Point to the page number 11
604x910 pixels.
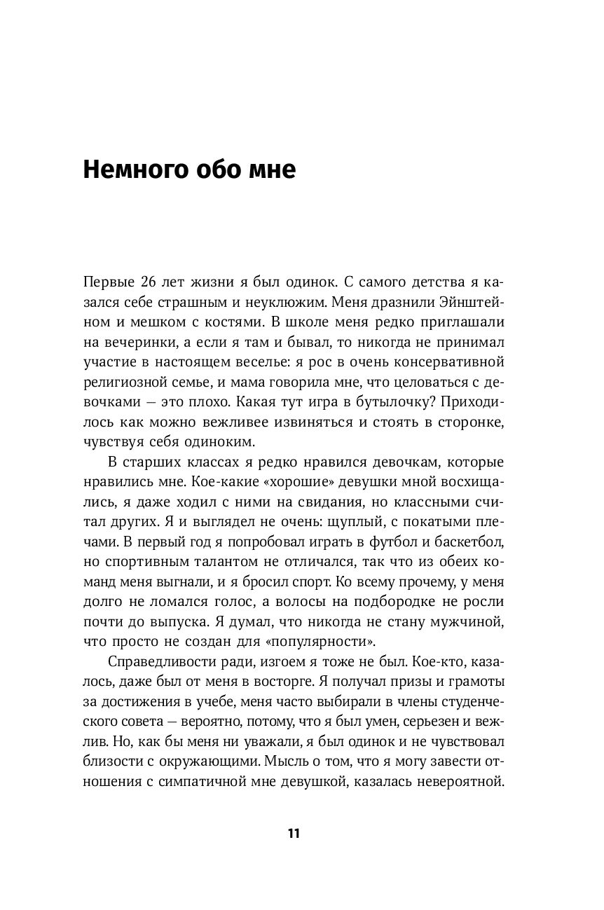tap(294, 833)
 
